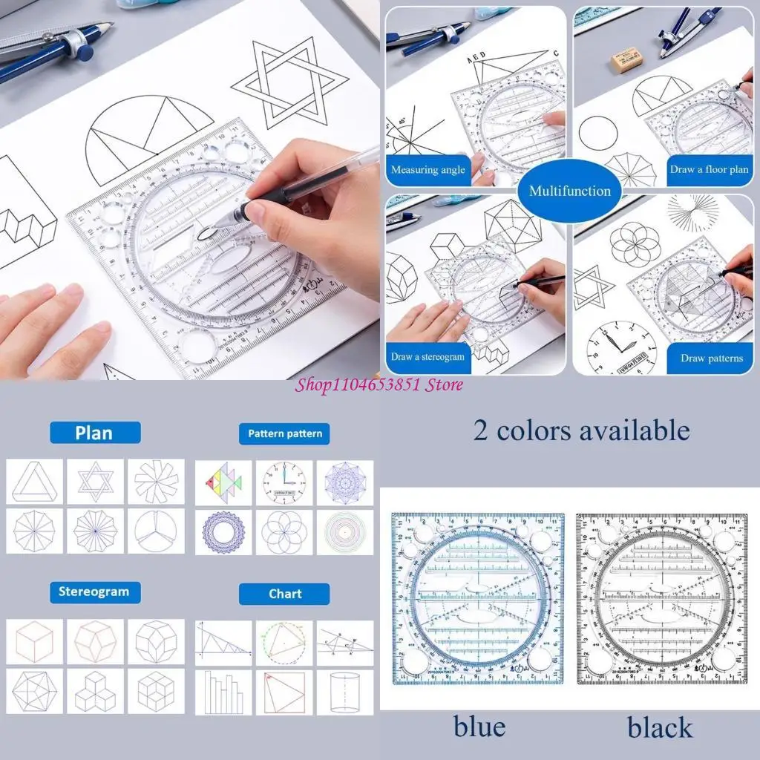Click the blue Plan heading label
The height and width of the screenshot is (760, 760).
(94, 433)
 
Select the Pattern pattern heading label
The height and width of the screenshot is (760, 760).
(284, 433)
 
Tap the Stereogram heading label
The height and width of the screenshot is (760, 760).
(94, 592)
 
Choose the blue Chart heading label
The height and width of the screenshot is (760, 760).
(284, 594)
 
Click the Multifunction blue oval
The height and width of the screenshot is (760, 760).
(569, 191)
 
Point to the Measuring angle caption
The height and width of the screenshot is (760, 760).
(428, 170)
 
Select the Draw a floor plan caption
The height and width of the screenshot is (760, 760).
(709, 169)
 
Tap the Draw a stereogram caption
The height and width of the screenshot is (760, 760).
(427, 357)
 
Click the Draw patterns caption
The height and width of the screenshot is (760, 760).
(711, 358)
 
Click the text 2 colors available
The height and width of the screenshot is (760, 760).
(581, 430)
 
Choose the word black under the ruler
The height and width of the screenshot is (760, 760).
(660, 727)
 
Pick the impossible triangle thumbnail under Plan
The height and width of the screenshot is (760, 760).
(35, 481)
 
